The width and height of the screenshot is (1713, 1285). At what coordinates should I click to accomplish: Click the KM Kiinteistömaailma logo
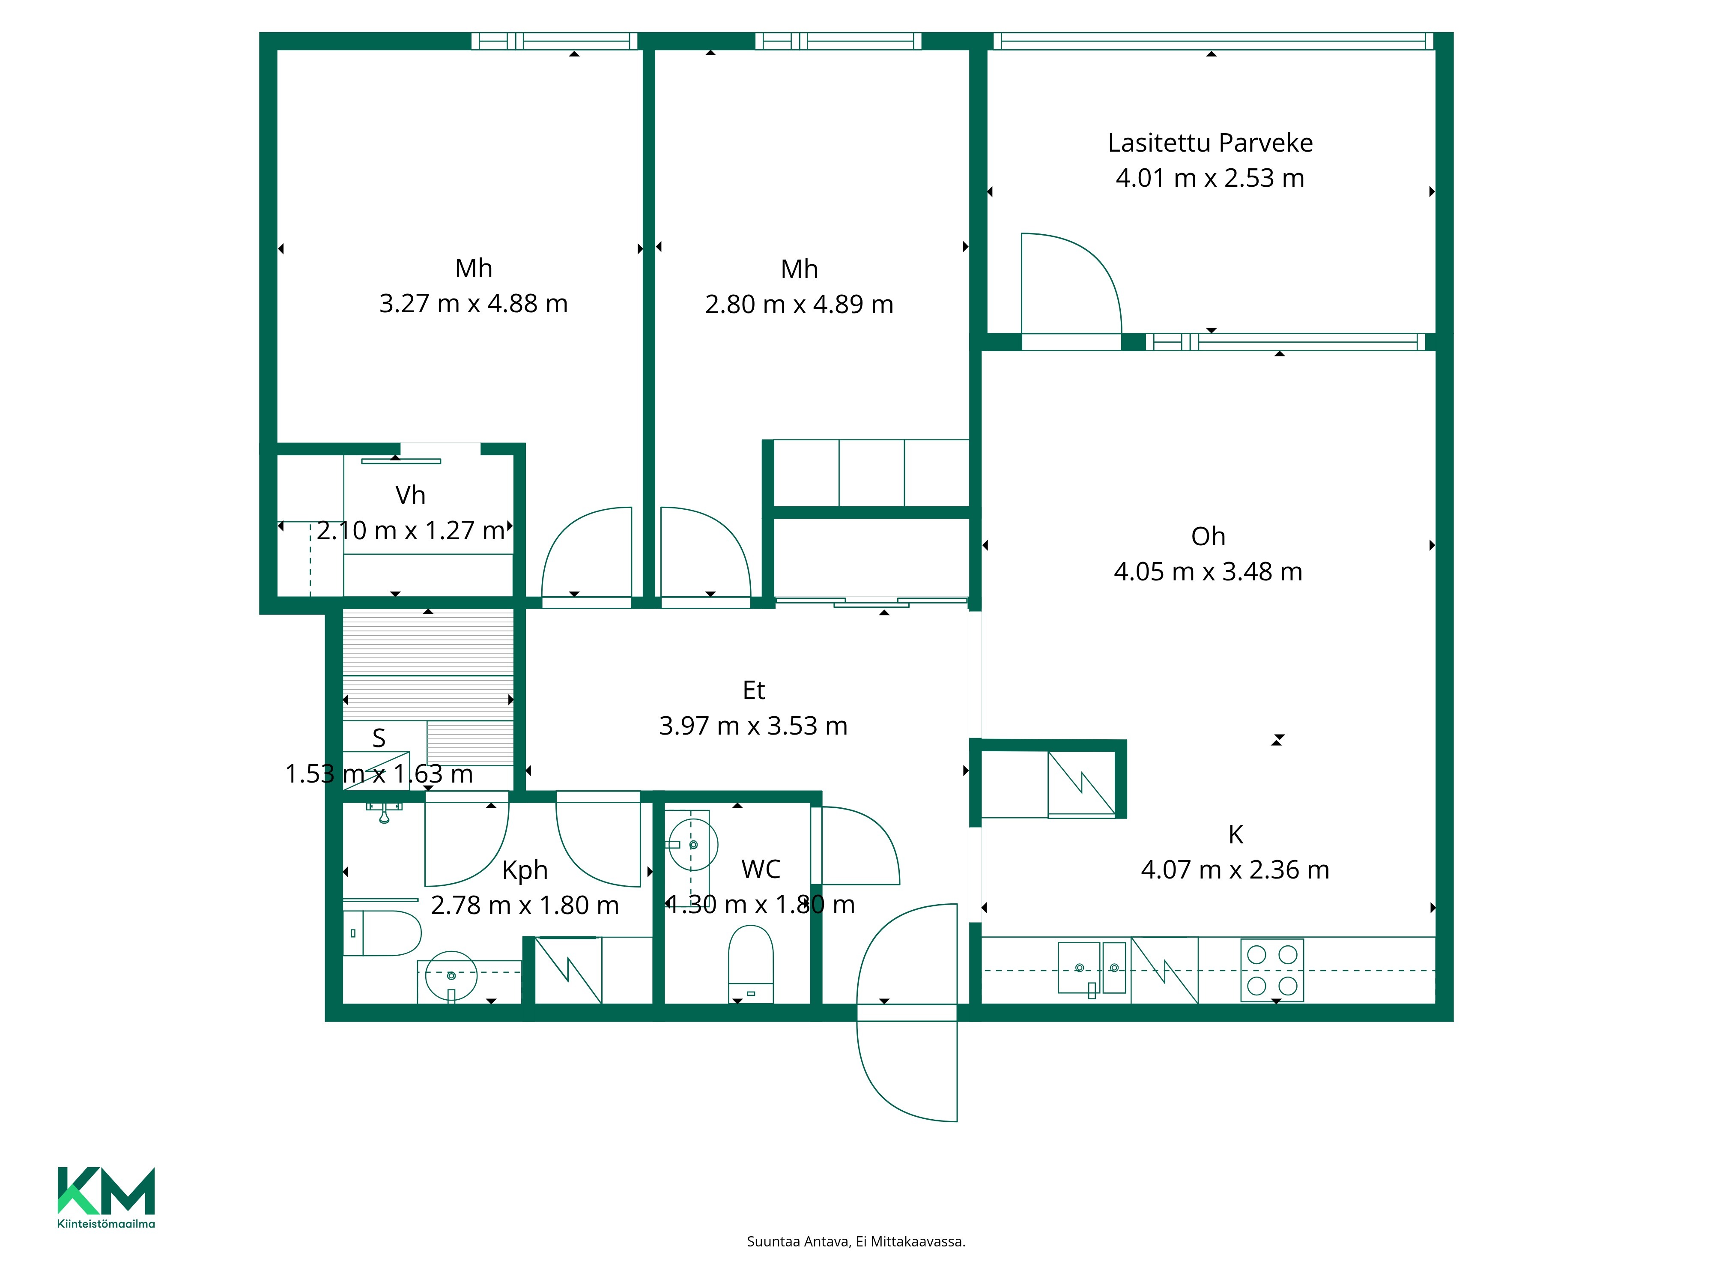click(106, 1197)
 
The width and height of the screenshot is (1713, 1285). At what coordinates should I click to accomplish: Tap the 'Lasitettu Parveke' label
click(1210, 143)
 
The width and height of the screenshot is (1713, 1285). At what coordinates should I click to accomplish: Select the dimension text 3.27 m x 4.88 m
click(473, 304)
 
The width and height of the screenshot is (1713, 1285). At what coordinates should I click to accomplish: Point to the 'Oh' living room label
click(1208, 536)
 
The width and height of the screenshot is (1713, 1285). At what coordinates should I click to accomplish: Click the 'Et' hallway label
click(753, 690)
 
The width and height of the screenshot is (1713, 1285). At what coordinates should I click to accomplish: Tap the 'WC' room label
click(761, 869)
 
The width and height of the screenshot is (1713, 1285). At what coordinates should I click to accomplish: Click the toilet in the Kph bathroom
click(382, 933)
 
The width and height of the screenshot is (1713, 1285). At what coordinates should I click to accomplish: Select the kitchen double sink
click(1092, 968)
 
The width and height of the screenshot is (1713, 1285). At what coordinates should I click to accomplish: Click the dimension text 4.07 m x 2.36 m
click(1235, 870)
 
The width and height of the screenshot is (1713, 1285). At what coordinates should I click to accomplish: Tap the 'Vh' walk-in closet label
click(410, 495)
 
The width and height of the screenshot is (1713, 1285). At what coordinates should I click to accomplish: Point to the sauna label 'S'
click(379, 738)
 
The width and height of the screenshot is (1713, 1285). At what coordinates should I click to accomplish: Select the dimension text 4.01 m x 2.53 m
click(1210, 178)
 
